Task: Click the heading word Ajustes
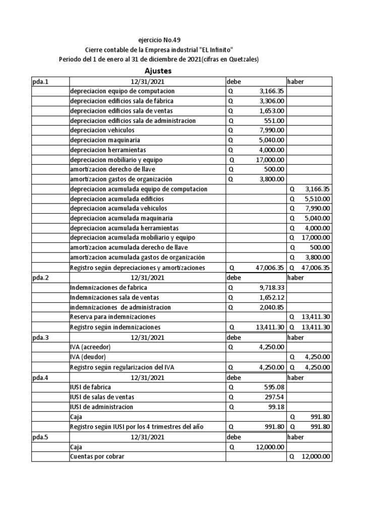pyautogui.click(x=158, y=71)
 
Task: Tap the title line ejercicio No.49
pyautogui.click(x=159, y=40)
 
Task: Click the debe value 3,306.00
pyautogui.click(x=272, y=101)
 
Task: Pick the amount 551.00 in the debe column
pyautogui.click(x=275, y=120)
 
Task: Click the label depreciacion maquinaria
pyautogui.click(x=105, y=140)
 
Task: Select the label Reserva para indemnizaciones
pyautogui.click(x=113, y=317)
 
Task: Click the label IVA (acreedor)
pyautogui.click(x=90, y=347)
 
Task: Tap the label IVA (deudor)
pyautogui.click(x=88, y=356)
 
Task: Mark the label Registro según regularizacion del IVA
pyautogui.click(x=127, y=366)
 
